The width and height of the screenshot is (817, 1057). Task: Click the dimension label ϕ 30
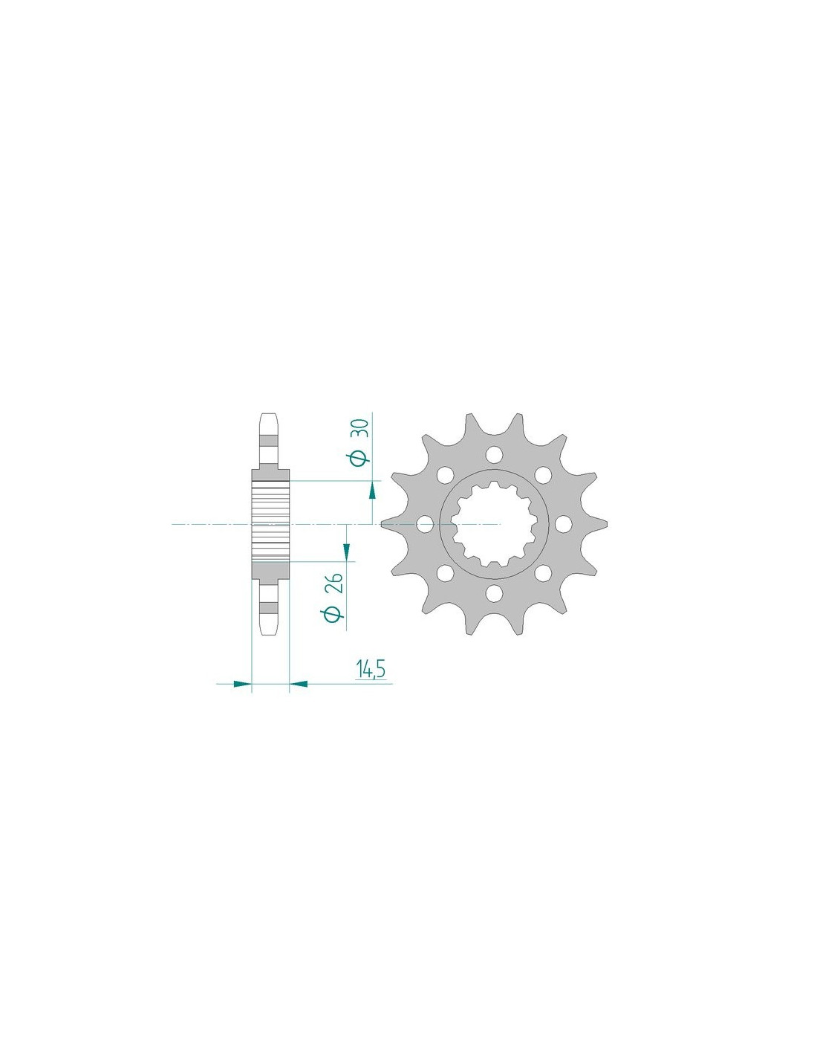click(x=359, y=442)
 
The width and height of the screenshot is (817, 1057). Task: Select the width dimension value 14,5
click(x=371, y=670)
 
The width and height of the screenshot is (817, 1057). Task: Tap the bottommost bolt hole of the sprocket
click(x=494, y=593)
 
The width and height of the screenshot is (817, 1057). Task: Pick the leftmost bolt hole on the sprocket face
click(x=426, y=524)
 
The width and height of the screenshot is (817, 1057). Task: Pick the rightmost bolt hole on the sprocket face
click(x=563, y=524)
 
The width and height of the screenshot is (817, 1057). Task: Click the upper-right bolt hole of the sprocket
click(x=543, y=475)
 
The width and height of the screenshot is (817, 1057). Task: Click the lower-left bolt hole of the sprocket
click(x=445, y=574)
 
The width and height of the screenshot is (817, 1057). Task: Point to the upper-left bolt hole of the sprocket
click(x=445, y=475)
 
